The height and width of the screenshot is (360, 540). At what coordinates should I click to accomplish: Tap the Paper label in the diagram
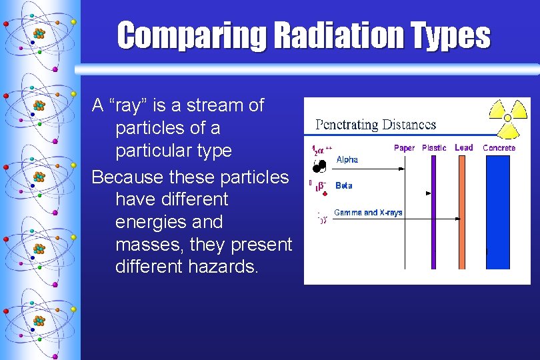(404, 148)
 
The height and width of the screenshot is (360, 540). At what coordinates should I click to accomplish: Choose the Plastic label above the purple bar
(434, 148)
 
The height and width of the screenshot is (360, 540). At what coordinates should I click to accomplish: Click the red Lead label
(463, 148)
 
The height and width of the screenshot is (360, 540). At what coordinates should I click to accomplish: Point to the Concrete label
(499, 148)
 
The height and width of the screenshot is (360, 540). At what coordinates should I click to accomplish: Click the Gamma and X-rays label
(368, 213)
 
